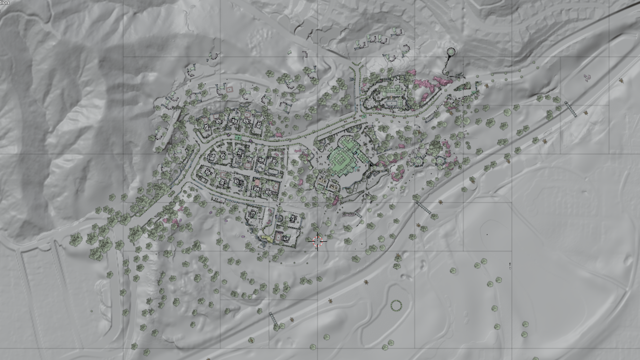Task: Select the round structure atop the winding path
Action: pos(450,51)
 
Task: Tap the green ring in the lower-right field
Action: pos(395,305)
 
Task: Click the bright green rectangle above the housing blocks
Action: pos(238,138)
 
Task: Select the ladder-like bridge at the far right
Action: pos(570,109)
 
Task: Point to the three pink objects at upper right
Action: pos(588,77)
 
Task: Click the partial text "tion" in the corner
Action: pos(5,3)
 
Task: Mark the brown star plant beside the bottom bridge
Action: pos(292,319)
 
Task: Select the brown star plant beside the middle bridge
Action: pos(440,202)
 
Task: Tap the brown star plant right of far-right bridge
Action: pos(586,113)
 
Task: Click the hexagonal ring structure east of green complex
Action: pos(439,161)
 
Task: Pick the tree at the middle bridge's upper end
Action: pos(416,197)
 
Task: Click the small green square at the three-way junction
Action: pos(364,116)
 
